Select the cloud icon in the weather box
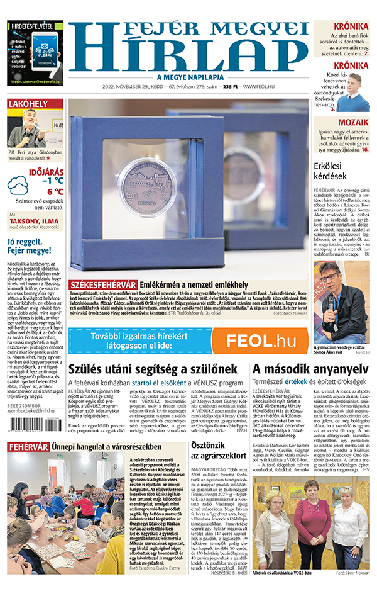pos(18,185)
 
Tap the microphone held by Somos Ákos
pos(331,302)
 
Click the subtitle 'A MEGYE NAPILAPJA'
pos(190,76)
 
